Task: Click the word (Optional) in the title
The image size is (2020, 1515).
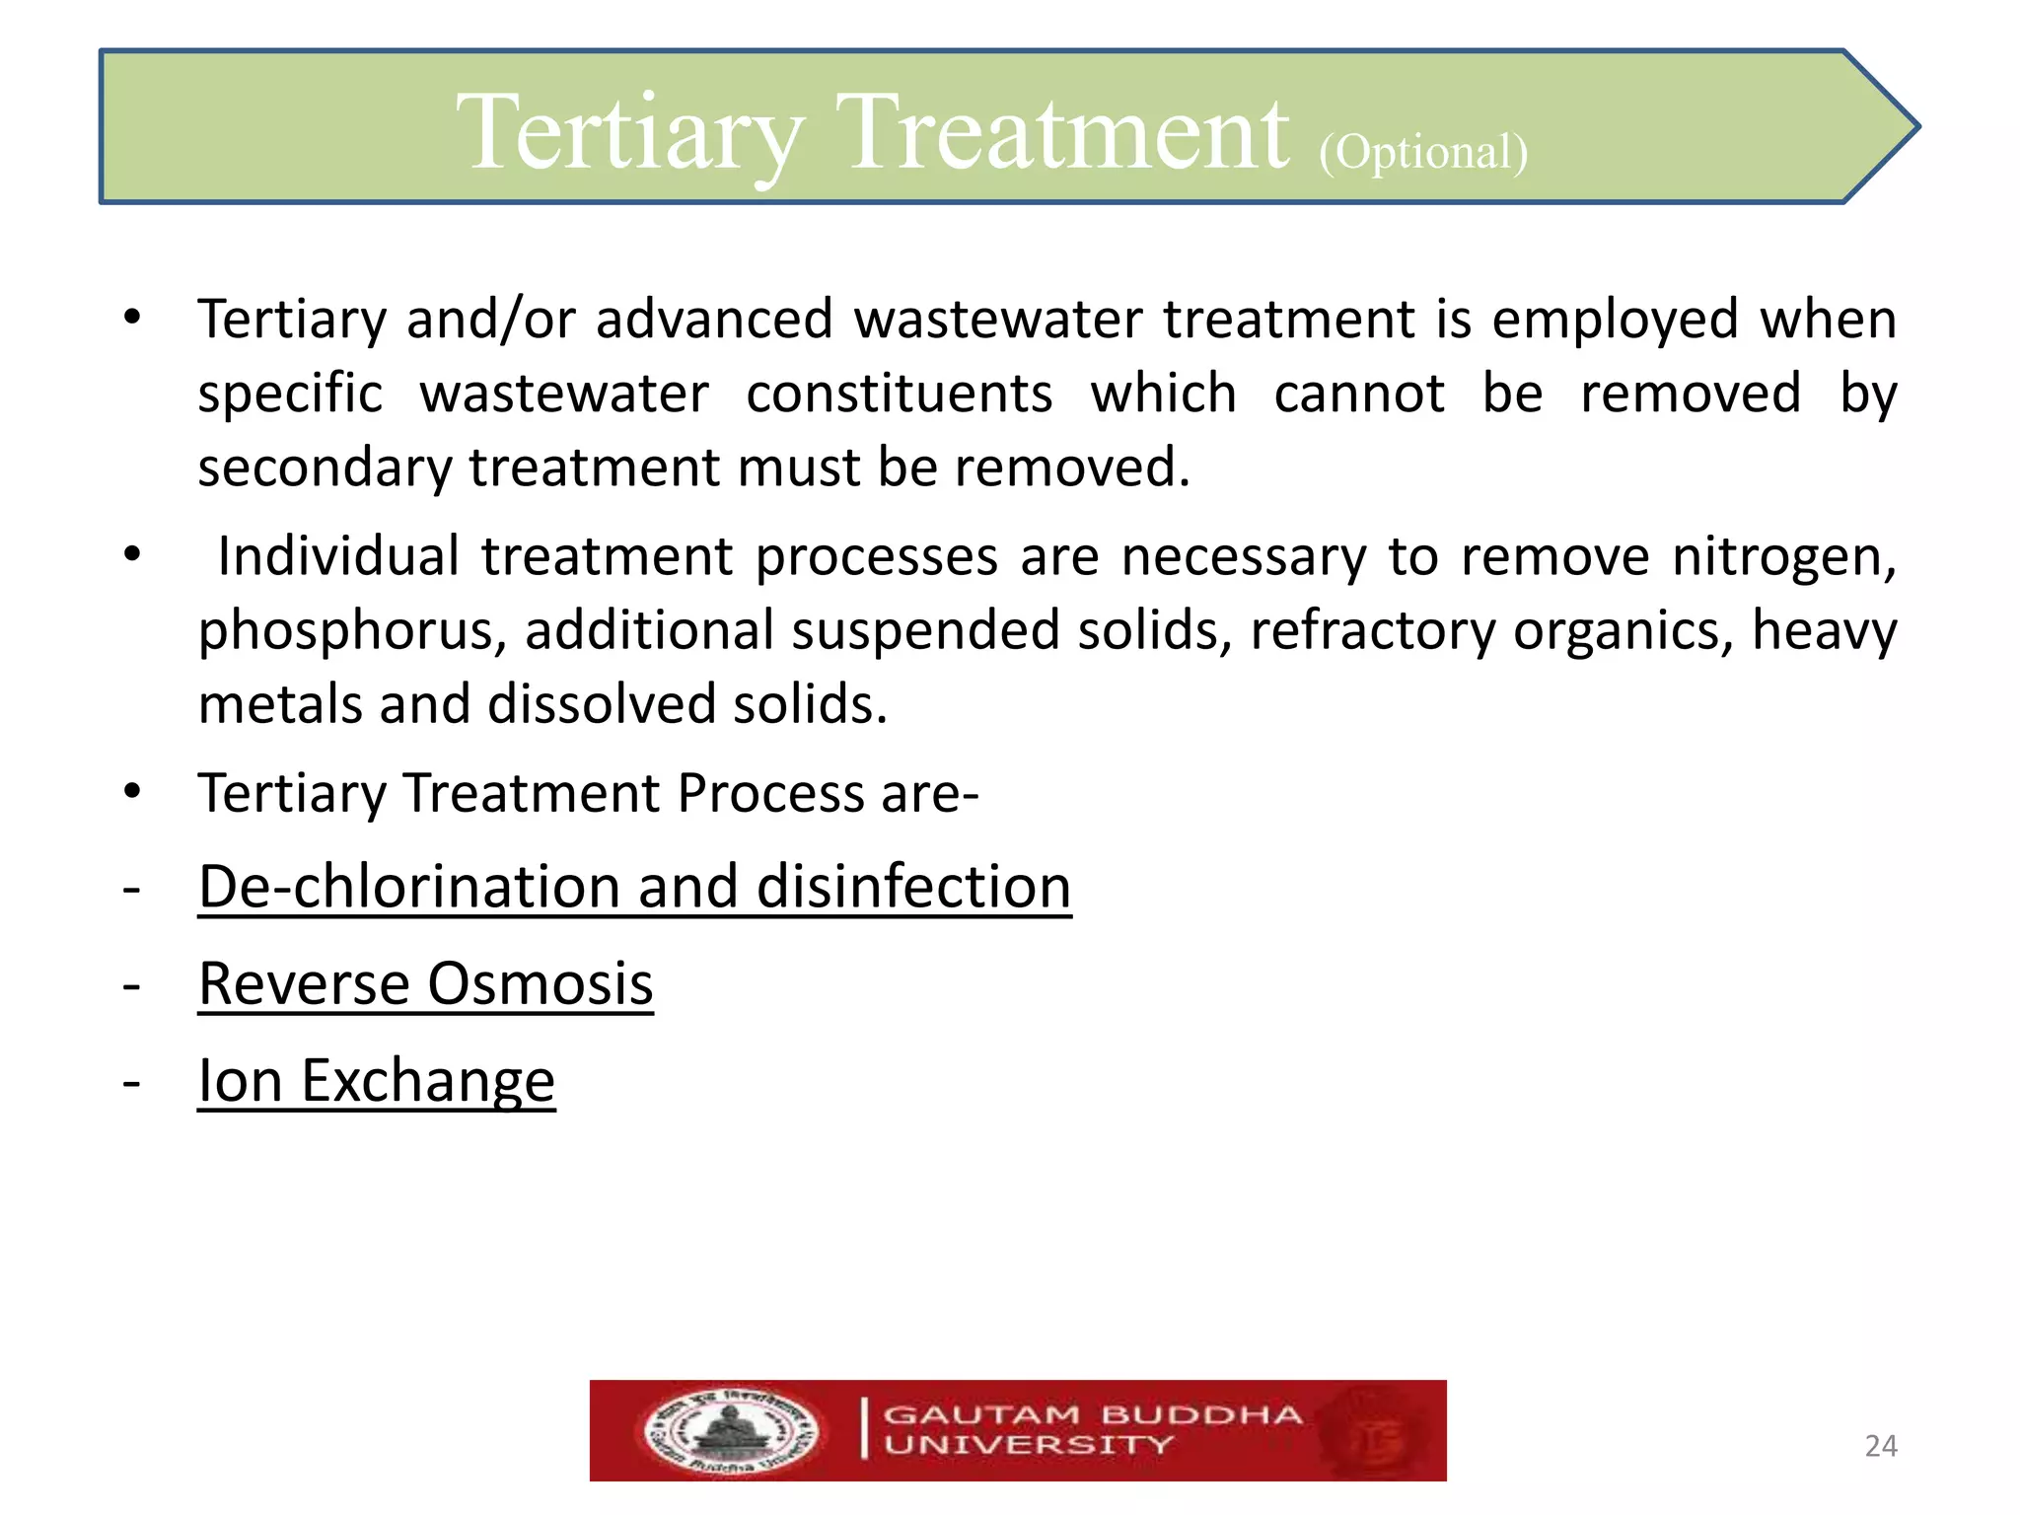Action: click(1423, 153)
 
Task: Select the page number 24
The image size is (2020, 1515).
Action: click(1881, 1446)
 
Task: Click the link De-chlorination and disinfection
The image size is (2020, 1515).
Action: click(634, 886)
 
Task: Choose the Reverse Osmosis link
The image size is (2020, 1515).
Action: click(425, 983)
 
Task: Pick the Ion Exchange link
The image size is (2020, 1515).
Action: click(376, 1080)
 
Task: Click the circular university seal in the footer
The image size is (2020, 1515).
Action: click(731, 1431)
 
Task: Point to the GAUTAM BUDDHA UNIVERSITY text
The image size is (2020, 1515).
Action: click(1092, 1430)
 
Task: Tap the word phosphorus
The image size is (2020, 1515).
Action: click(352, 631)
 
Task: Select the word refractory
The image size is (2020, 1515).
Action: click(1373, 631)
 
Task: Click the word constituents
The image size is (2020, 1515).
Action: click(899, 394)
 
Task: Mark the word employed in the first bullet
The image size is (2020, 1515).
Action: click(1615, 320)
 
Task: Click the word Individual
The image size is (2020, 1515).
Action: click(338, 556)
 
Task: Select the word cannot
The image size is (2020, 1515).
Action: click(1358, 394)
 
